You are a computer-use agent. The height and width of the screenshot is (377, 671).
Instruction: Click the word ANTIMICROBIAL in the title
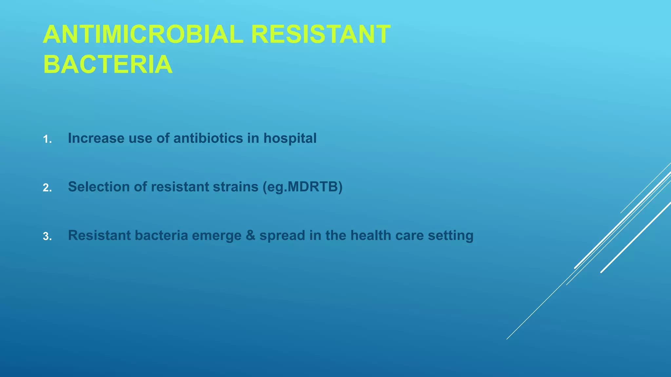click(x=143, y=34)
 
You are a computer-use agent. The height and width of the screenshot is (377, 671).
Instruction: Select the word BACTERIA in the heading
click(x=108, y=64)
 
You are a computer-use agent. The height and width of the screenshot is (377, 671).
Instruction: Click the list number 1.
click(x=47, y=140)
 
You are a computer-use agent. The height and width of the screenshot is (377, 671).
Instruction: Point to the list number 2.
click(x=47, y=188)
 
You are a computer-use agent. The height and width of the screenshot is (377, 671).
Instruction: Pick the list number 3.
click(x=47, y=237)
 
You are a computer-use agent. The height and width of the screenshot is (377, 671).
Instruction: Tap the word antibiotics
click(x=208, y=138)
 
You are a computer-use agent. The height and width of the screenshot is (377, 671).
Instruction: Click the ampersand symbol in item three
click(x=250, y=235)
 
